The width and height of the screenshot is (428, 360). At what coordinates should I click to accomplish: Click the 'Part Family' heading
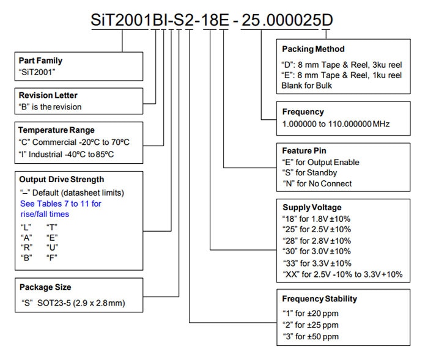tap(40, 61)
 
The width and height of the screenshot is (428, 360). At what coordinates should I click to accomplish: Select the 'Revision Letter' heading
tap(48, 95)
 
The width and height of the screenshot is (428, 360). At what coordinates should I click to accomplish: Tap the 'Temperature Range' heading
tap(56, 130)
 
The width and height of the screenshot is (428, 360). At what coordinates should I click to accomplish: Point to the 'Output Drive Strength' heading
tap(62, 179)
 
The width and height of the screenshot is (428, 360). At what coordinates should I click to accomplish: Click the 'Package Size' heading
tap(45, 287)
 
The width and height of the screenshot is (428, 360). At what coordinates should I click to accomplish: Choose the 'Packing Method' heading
tap(313, 49)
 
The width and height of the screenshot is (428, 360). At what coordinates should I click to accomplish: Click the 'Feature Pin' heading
tap(304, 150)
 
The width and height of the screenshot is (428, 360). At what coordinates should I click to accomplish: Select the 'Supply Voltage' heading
tap(312, 207)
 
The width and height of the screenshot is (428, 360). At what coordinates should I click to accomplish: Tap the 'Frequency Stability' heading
tap(320, 299)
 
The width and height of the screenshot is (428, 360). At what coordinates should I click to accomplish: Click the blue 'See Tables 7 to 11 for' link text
tap(61, 204)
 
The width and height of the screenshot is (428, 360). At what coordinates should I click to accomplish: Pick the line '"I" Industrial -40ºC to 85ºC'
tap(66, 155)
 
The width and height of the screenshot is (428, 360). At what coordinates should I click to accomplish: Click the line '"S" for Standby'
tap(310, 173)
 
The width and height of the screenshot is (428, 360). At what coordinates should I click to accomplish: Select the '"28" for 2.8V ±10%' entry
tap(317, 241)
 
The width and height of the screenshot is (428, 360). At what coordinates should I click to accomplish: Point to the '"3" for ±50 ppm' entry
tap(311, 337)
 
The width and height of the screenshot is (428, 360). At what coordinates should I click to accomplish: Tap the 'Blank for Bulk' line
tap(307, 86)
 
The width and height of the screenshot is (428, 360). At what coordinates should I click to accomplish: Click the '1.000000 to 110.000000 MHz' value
tap(336, 124)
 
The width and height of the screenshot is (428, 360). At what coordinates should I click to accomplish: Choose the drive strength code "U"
tap(52, 248)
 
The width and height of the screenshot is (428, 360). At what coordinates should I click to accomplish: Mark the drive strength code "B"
tap(26, 258)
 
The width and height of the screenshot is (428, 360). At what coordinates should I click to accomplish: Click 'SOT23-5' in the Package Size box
tap(54, 303)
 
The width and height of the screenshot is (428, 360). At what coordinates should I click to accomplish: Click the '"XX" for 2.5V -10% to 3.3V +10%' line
tap(342, 274)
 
